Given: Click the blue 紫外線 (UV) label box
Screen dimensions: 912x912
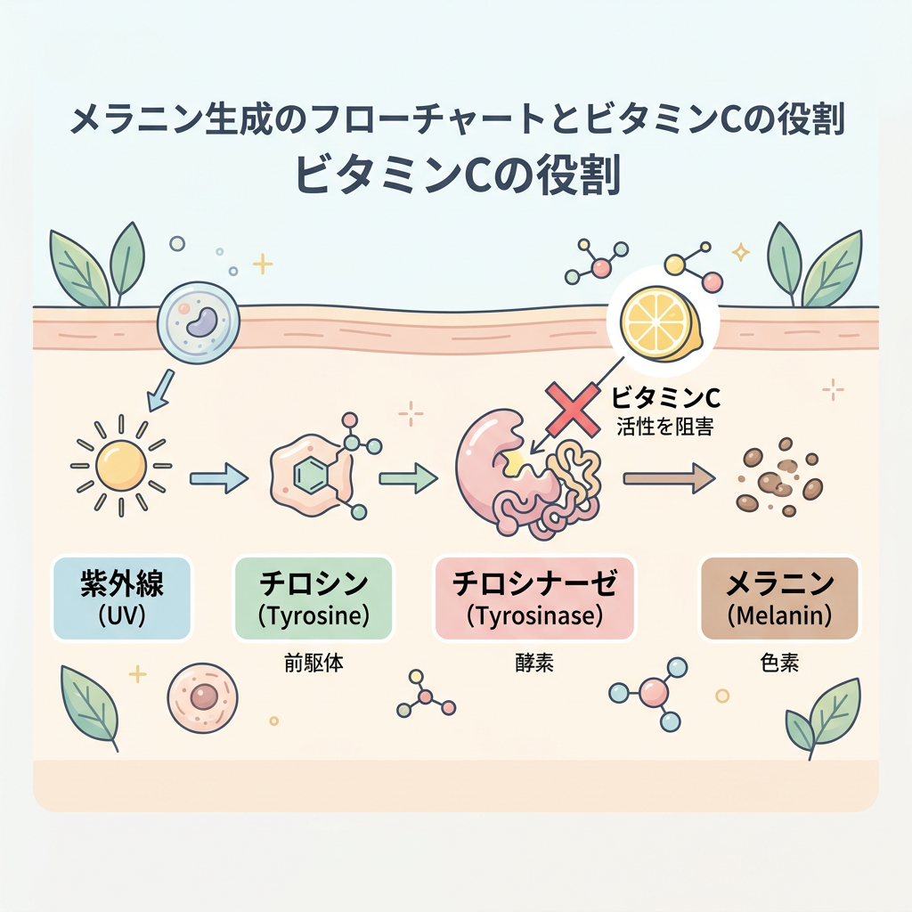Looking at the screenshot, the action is [x=122, y=598].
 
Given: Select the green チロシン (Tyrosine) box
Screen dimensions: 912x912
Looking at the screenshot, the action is [x=313, y=598].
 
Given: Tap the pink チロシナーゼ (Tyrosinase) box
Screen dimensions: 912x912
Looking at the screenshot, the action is [x=534, y=598].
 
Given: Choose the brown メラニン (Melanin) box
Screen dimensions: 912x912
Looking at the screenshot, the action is [x=779, y=598].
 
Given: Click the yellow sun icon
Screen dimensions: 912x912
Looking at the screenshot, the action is [x=121, y=466].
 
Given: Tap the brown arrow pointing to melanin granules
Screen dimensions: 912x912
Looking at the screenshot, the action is [x=669, y=478].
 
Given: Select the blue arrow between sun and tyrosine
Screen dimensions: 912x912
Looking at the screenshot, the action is [x=219, y=478].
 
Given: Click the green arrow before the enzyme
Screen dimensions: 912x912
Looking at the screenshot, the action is [x=408, y=478].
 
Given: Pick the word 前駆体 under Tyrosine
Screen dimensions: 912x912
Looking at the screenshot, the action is [x=313, y=663].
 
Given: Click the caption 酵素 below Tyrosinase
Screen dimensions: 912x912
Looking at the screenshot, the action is [x=534, y=663].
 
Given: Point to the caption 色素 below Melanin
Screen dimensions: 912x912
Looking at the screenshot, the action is [x=779, y=663].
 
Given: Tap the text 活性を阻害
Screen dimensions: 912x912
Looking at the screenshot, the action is [x=664, y=427].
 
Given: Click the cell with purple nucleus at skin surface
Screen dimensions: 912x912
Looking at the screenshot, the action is [x=199, y=322].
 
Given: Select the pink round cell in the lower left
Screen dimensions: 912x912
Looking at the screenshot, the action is [x=202, y=696].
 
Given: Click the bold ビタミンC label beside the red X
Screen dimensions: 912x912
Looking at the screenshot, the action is [x=666, y=398].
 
